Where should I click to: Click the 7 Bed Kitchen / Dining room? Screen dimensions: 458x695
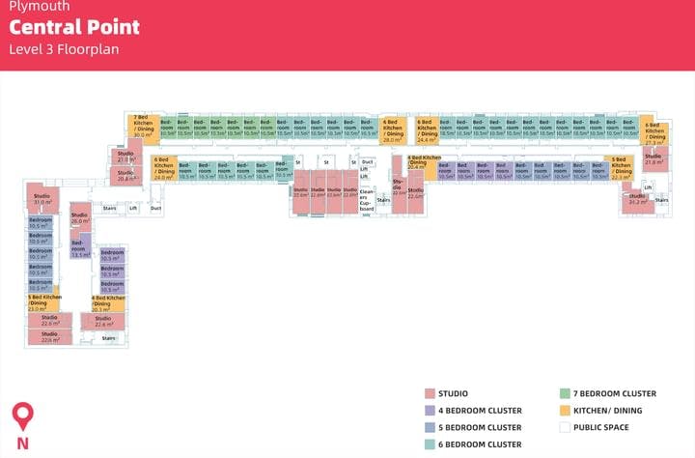pyautogui.click(x=143, y=127)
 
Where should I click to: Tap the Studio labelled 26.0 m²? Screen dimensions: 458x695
pyautogui.click(x=79, y=219)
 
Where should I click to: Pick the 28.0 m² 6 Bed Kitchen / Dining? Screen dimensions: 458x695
pyautogui.click(x=392, y=130)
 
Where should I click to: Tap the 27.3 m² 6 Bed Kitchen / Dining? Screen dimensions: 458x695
pyautogui.click(x=653, y=132)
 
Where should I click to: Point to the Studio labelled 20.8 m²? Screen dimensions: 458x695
pyautogui.click(x=125, y=176)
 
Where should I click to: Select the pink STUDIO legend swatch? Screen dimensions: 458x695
pyautogui.click(x=429, y=394)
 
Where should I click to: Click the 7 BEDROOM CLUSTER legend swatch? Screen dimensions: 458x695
pyautogui.click(x=564, y=394)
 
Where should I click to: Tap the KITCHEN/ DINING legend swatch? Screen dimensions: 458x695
pyautogui.click(x=564, y=411)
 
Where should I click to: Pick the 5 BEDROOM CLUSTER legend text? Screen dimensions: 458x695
pyautogui.click(x=480, y=428)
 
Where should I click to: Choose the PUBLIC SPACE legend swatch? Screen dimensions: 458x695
pyautogui.click(x=564, y=427)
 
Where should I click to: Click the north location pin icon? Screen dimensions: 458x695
pyautogui.click(x=22, y=417)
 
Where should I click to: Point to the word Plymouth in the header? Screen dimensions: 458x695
pyautogui.click(x=32, y=7)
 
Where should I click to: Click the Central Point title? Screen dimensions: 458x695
pyautogui.click(x=74, y=27)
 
